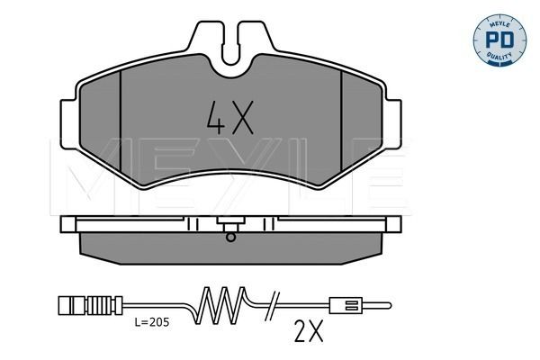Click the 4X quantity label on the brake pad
point(230,118)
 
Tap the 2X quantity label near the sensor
point(309,331)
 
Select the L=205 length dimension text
point(152,322)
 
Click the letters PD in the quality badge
point(499,40)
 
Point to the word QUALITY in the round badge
point(499,57)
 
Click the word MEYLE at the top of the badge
point(499,23)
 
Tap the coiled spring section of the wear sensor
point(220,305)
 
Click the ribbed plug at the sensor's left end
point(90,305)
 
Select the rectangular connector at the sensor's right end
point(346,305)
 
